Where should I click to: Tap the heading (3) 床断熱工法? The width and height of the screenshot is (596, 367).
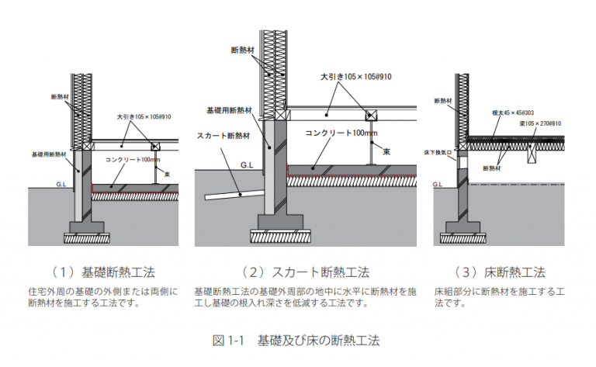[x=500, y=272]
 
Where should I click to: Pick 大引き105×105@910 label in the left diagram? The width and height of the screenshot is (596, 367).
[x=143, y=116]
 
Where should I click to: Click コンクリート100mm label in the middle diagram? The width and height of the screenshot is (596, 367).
[x=341, y=133]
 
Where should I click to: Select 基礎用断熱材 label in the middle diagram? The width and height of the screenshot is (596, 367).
[x=229, y=110]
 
